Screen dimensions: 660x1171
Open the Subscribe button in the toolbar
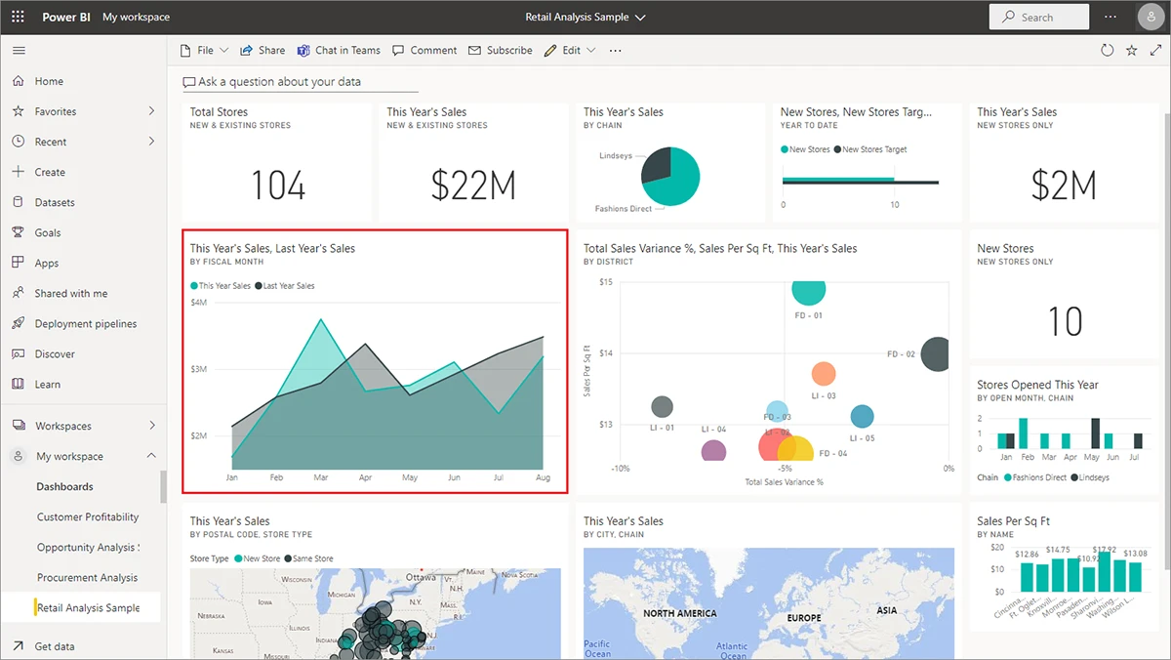click(501, 51)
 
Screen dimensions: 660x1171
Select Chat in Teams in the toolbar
click(339, 51)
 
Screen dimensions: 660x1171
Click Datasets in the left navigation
click(55, 203)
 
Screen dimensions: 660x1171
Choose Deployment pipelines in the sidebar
click(86, 324)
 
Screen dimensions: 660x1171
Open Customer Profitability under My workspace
click(88, 517)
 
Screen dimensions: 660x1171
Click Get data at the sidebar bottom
click(55, 646)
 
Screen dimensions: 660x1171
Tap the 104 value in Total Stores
click(278, 186)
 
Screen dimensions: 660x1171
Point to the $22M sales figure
click(473, 186)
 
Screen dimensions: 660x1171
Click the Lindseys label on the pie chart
click(616, 156)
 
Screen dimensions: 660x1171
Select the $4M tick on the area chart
click(198, 304)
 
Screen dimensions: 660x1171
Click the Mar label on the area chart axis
click(320, 478)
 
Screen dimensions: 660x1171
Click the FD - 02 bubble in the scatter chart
click(935, 353)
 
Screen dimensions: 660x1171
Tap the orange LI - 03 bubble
click(824, 374)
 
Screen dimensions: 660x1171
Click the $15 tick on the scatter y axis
click(605, 283)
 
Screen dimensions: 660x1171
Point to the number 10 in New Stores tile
click(1064, 322)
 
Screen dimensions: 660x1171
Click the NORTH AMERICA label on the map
click(679, 613)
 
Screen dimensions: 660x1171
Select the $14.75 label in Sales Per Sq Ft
click(1057, 551)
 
